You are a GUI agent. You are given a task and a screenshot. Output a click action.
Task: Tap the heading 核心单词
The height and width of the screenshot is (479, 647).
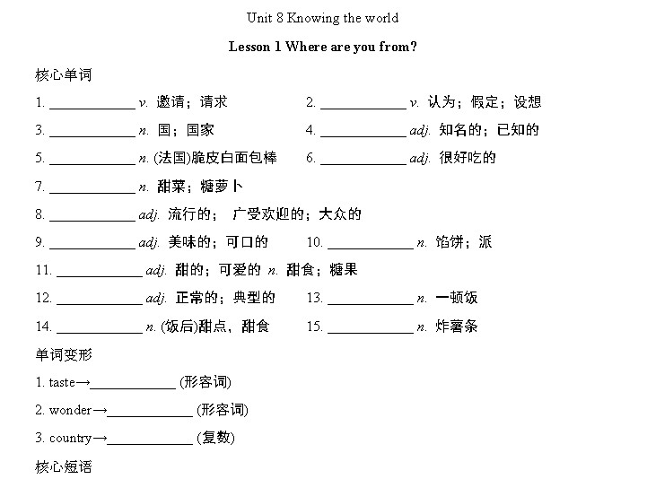tap(64, 75)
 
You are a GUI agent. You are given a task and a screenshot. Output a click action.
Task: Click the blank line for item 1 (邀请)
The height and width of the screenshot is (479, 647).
tap(92, 109)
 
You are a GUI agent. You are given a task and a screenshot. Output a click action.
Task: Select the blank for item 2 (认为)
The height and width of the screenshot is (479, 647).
tap(363, 109)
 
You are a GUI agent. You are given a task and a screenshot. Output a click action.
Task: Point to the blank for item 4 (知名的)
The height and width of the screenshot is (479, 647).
tap(363, 136)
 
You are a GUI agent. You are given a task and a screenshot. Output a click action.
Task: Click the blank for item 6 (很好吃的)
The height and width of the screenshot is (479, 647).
tap(363, 165)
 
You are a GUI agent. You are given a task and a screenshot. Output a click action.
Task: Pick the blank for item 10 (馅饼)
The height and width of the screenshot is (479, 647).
tap(371, 248)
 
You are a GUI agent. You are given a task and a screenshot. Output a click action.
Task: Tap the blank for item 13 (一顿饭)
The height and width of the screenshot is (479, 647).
tap(371, 304)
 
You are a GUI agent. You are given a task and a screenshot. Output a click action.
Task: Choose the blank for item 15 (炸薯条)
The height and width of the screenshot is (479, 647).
tap(371, 333)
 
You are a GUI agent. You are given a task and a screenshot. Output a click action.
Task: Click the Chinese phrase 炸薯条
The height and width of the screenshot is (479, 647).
tap(457, 326)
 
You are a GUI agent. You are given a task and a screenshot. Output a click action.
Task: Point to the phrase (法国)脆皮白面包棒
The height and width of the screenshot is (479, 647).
tap(215, 158)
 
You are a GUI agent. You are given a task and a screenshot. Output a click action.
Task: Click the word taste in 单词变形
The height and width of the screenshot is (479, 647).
tap(62, 382)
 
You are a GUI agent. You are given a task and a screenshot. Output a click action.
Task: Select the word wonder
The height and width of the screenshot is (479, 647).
tap(70, 410)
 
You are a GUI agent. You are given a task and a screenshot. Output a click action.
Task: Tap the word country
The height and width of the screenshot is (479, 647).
tap(70, 438)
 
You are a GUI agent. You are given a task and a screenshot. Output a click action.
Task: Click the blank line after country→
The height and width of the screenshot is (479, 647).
tap(150, 444)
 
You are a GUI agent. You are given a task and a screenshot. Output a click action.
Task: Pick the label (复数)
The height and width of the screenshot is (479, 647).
tap(215, 438)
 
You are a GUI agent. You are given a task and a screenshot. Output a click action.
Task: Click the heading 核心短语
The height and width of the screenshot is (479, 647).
tap(64, 466)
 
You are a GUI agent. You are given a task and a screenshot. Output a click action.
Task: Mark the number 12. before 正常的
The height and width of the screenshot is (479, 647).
tap(44, 298)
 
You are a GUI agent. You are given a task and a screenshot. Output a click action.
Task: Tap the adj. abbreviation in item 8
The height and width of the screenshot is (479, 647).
tap(149, 214)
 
